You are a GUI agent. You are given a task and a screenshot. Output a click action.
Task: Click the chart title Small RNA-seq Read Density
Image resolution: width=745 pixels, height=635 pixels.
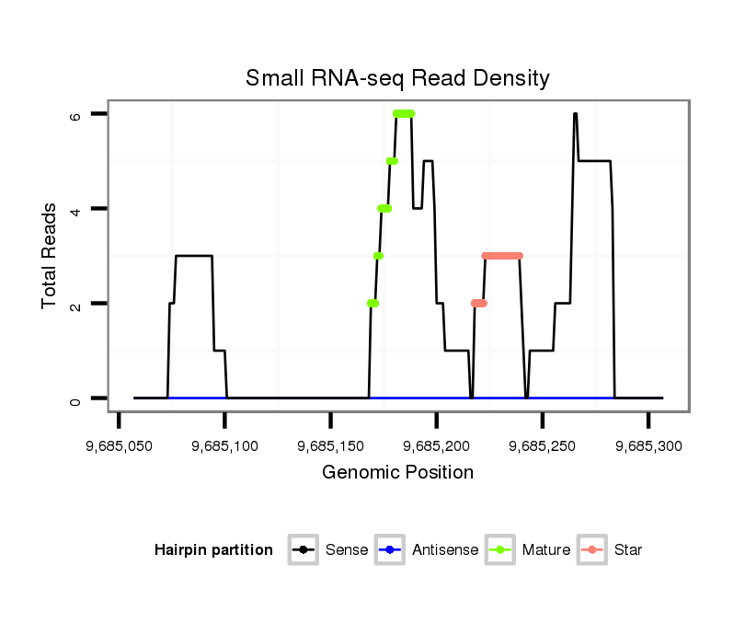click(397, 78)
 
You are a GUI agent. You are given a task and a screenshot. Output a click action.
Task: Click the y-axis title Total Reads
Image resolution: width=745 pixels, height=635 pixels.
click(50, 256)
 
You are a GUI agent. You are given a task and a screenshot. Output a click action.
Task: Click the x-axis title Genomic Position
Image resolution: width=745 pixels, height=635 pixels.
click(397, 473)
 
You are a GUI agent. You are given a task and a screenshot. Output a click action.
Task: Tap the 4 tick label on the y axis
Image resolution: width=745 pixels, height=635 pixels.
click(75, 209)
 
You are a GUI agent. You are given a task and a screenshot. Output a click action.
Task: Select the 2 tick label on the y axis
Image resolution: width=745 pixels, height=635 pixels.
click(75, 304)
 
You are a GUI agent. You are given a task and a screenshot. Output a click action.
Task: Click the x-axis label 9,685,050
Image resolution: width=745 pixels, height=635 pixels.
click(119, 445)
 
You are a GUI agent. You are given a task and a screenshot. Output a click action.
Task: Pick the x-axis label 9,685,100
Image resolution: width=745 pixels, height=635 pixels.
click(225, 445)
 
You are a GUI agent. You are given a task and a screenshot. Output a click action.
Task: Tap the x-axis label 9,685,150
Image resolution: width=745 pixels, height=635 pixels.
click(331, 445)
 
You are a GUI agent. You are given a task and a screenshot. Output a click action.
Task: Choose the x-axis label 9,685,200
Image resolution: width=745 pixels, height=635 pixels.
click(437, 445)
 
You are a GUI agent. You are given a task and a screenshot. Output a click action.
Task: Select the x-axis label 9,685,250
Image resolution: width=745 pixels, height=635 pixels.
click(543, 445)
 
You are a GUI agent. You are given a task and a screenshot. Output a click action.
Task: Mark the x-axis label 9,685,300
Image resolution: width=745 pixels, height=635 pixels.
click(648, 445)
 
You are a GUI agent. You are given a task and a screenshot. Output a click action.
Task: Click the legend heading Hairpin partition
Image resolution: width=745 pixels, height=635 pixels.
click(213, 550)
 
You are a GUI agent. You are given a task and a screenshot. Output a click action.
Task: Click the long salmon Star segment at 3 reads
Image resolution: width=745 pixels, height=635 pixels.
click(502, 256)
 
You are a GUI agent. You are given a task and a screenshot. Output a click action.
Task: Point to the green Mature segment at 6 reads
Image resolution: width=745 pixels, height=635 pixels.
click(404, 114)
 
